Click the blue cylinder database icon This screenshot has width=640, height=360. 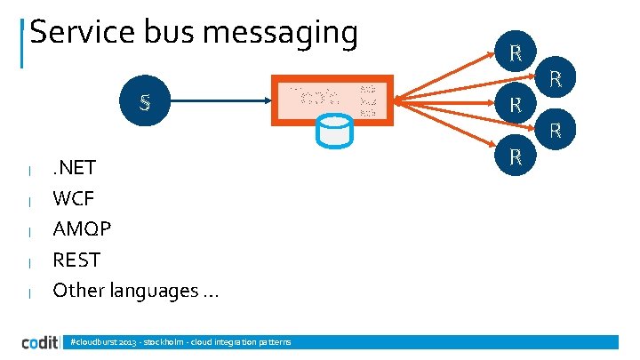tap(334, 132)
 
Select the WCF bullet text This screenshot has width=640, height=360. tap(73, 198)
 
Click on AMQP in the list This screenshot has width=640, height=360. tap(82, 229)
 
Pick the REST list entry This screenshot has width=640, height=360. tap(76, 260)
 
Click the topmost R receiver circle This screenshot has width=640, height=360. tap(515, 52)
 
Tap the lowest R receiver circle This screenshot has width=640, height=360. tap(515, 157)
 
